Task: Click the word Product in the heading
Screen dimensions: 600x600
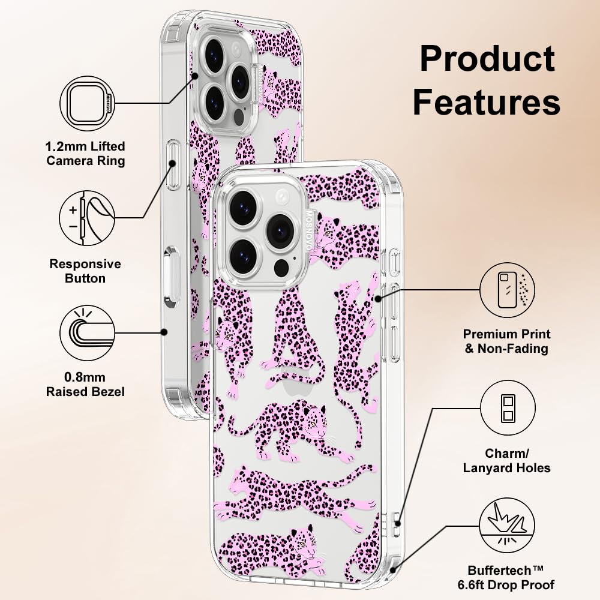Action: [x=487, y=59]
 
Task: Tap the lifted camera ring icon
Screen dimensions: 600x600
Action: [x=87, y=103]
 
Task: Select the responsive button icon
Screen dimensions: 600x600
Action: [x=87, y=218]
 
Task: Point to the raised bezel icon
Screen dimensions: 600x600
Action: [x=87, y=332]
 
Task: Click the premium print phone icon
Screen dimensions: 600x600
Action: [x=507, y=290]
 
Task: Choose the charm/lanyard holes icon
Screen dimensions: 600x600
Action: [x=507, y=408]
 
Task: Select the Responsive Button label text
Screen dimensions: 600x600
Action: [x=85, y=271]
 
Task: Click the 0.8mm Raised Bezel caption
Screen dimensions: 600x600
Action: [x=86, y=385]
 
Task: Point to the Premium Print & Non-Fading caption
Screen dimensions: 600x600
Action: [x=507, y=341]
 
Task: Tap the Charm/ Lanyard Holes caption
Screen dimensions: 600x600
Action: [x=507, y=460]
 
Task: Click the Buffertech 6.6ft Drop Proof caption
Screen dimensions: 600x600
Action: [x=511, y=577]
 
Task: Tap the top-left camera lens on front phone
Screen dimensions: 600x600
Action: [x=243, y=208]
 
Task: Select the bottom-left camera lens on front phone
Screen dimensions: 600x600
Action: [x=243, y=254]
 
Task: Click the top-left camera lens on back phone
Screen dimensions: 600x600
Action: [x=214, y=56]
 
